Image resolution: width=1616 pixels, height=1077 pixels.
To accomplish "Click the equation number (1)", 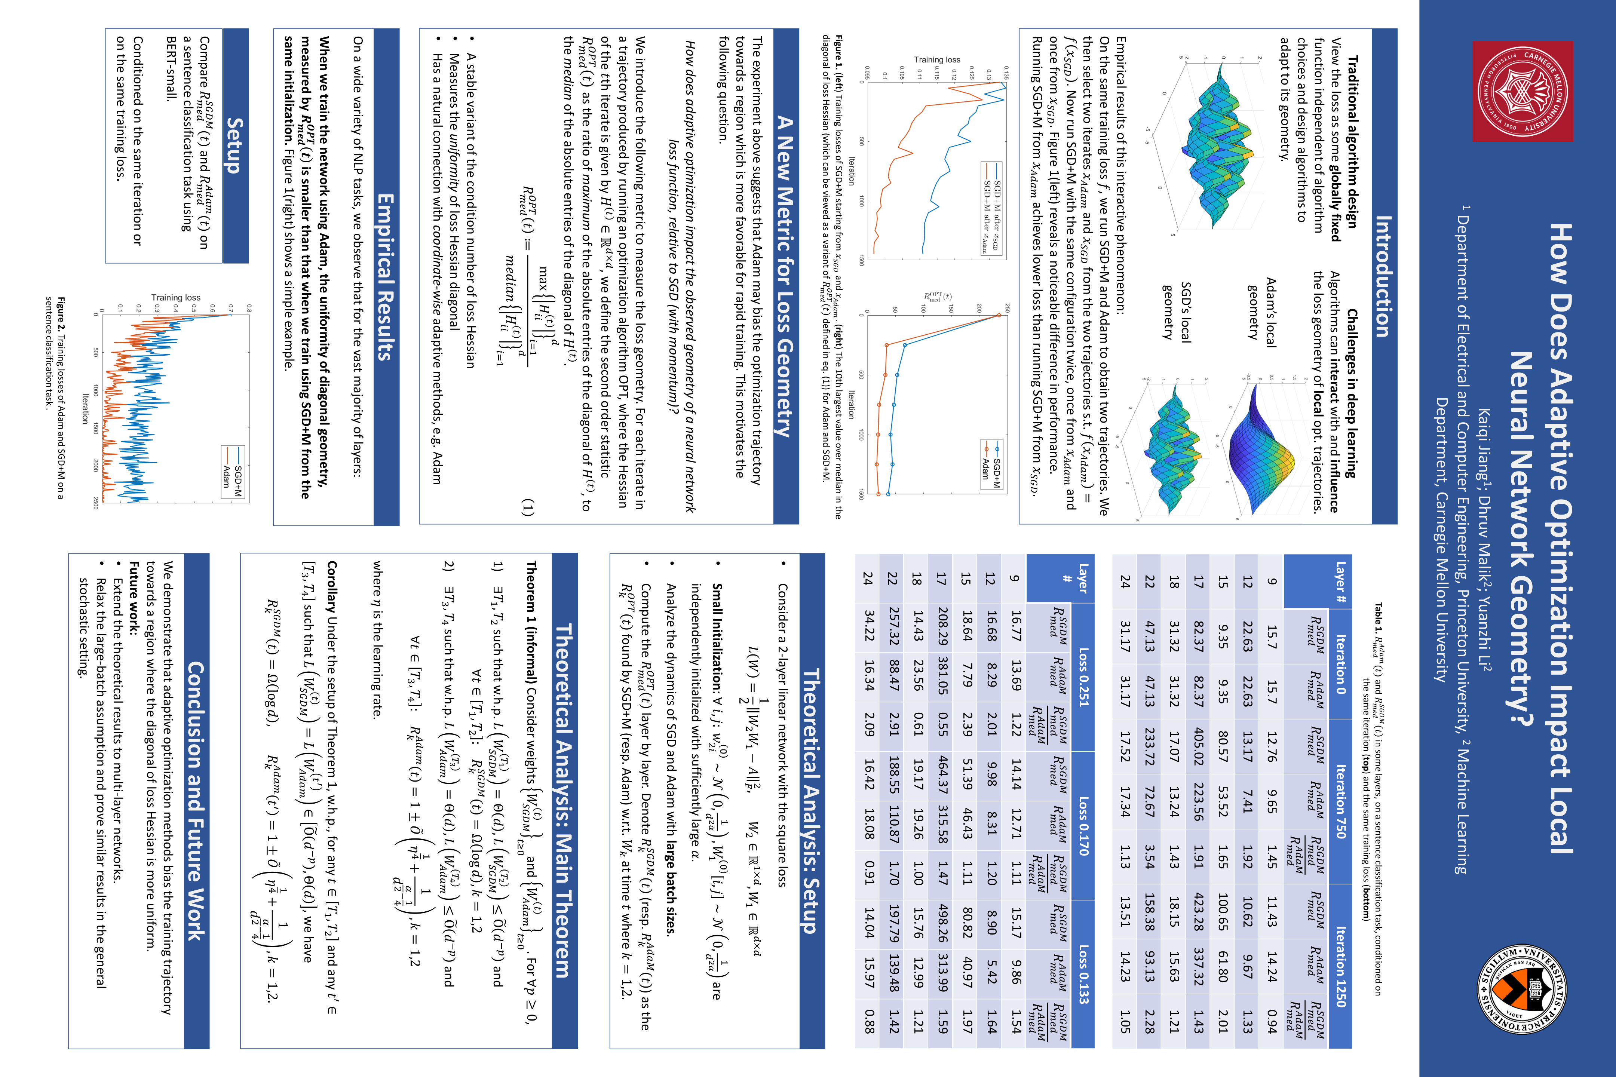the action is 527,507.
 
